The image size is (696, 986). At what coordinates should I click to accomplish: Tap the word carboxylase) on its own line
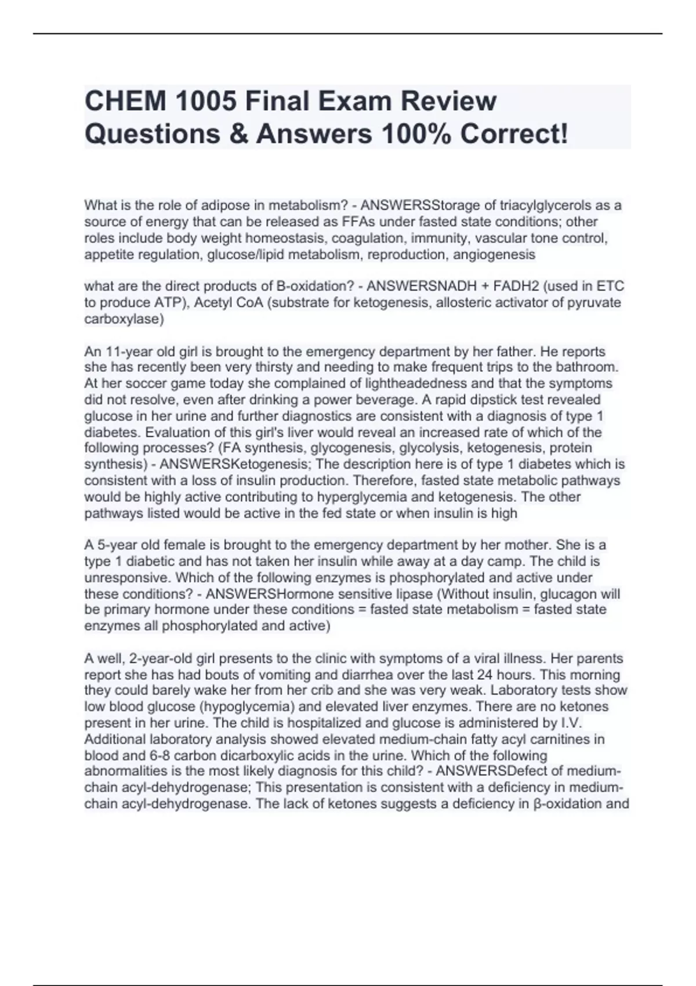click(x=124, y=319)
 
